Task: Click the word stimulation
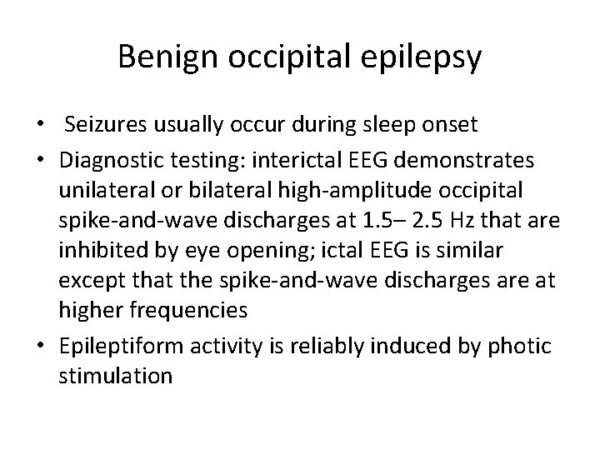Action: [x=116, y=375]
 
